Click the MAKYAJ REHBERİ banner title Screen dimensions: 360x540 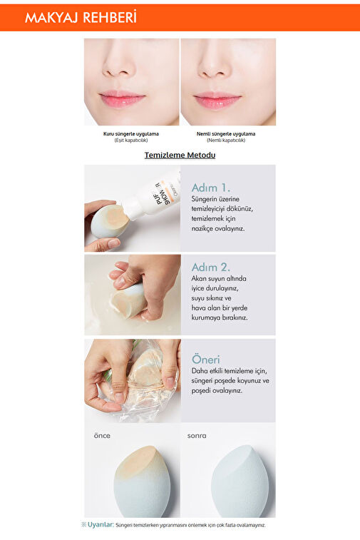coord(81,18)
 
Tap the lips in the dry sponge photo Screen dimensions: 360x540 coord(122,99)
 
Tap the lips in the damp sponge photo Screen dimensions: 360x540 coord(217,100)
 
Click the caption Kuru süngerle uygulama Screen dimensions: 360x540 coord(131,133)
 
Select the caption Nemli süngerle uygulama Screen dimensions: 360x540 coord(226,133)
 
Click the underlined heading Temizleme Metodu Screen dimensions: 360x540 coord(180,155)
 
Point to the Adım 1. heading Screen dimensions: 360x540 coord(210,188)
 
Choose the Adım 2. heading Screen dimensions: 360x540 coord(210,267)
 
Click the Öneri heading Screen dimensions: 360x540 coord(205,360)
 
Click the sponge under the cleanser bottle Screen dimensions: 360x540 coord(110,221)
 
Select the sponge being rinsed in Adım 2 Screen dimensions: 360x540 coord(128,300)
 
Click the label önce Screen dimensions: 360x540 coord(102,436)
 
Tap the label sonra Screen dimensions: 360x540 coord(197,436)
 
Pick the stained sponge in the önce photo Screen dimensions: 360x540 coord(142,481)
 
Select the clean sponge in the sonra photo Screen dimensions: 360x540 coord(240,481)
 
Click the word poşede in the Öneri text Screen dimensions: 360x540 coord(225,381)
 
